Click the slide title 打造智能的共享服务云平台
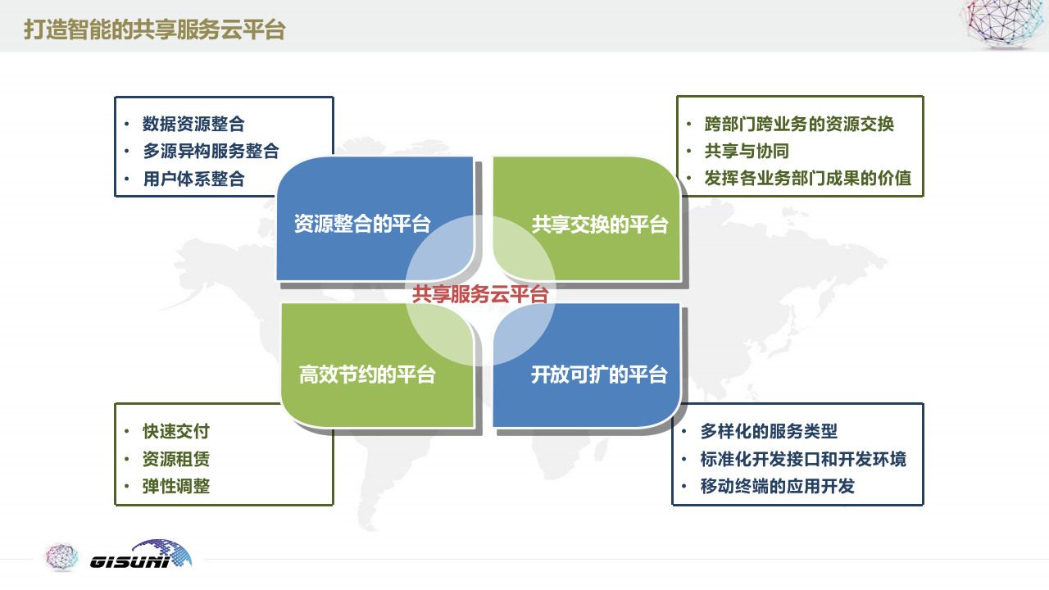coord(154,29)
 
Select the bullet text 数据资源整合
coord(193,124)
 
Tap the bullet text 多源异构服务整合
coord(211,151)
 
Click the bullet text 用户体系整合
coord(193,179)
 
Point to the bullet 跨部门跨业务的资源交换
coord(799,124)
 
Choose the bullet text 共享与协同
coord(747,151)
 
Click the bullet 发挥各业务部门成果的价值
coord(807,178)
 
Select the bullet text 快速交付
coord(176,431)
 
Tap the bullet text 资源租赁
coord(176,459)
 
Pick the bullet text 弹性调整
coord(176,486)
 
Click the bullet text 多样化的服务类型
coord(769,431)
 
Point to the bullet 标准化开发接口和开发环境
coord(803,459)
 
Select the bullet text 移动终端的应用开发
coord(777,486)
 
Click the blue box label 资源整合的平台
coord(362,225)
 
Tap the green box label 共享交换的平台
coord(600,225)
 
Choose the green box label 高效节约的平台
coord(367,375)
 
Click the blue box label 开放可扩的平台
coord(599,374)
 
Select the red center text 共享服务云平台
coord(480,294)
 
